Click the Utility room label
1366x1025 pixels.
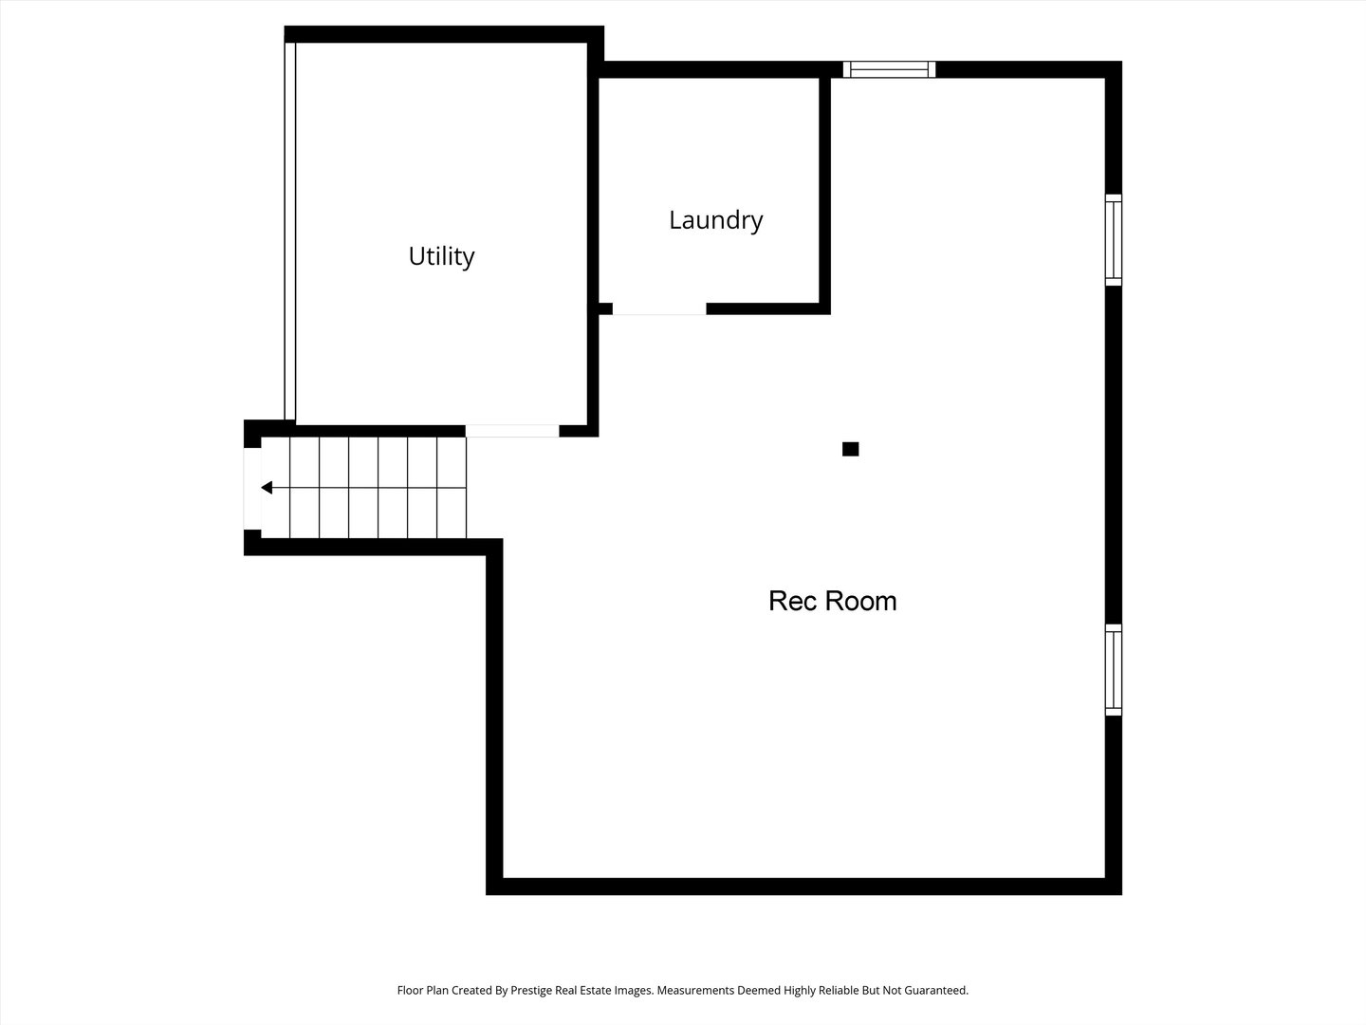point(441,256)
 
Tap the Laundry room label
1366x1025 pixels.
point(715,220)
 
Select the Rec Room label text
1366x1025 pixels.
point(832,601)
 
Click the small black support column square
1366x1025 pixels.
point(850,449)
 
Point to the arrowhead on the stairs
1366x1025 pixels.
point(267,488)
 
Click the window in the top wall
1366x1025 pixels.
point(889,69)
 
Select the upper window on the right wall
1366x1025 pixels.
point(1114,240)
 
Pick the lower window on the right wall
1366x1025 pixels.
point(1114,669)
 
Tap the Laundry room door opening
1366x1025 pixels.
point(659,308)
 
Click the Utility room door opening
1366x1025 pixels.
point(512,431)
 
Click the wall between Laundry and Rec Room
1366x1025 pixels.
point(825,190)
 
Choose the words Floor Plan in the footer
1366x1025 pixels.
point(422,990)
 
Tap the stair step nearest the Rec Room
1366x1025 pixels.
point(452,488)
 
